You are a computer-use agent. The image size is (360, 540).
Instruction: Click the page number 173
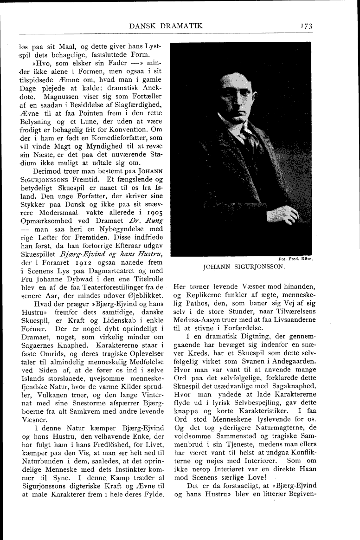[305, 26]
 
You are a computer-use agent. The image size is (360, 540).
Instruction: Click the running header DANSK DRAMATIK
[166, 26]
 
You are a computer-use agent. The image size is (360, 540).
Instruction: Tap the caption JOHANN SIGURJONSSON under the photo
[244, 267]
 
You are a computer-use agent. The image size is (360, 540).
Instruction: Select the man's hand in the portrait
[284, 215]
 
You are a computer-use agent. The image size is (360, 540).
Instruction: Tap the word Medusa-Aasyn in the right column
[195, 320]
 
